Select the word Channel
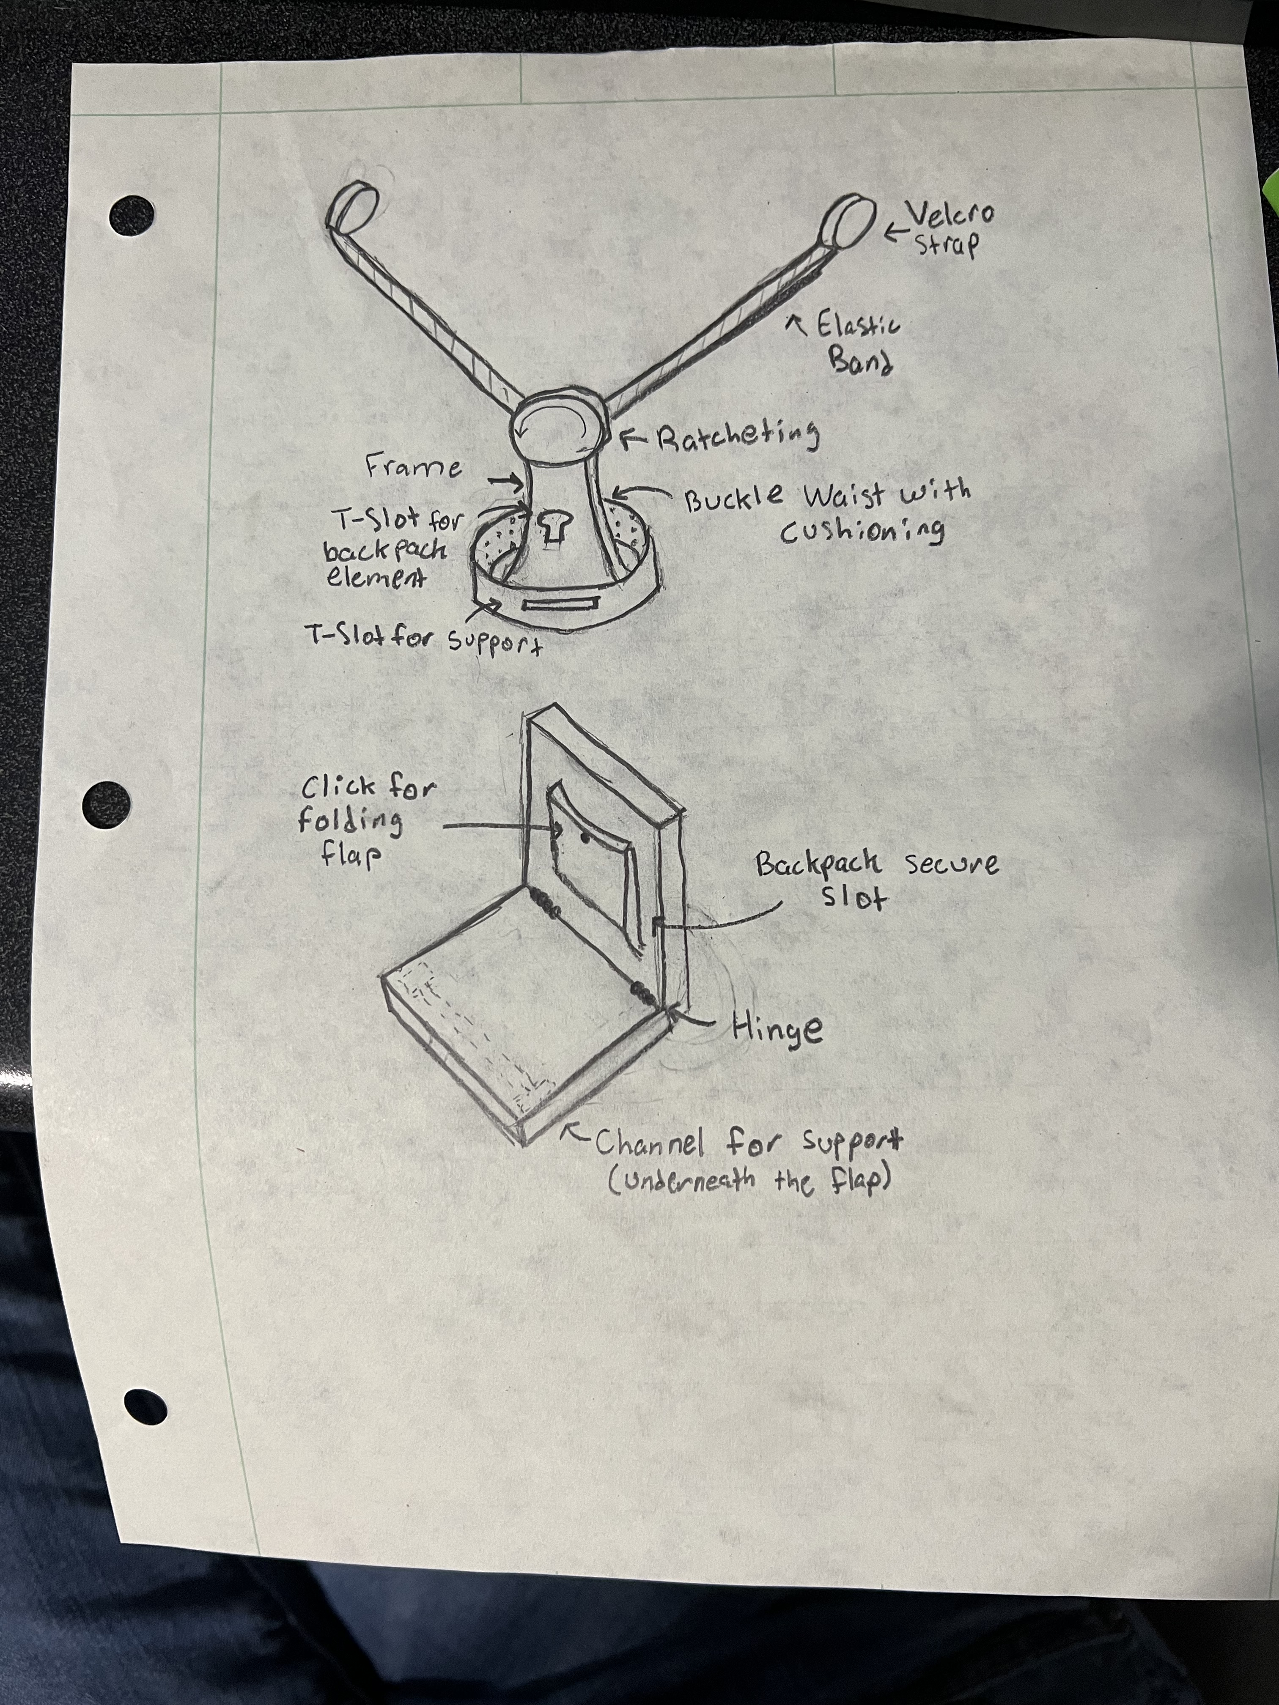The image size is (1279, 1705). (649, 1143)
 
